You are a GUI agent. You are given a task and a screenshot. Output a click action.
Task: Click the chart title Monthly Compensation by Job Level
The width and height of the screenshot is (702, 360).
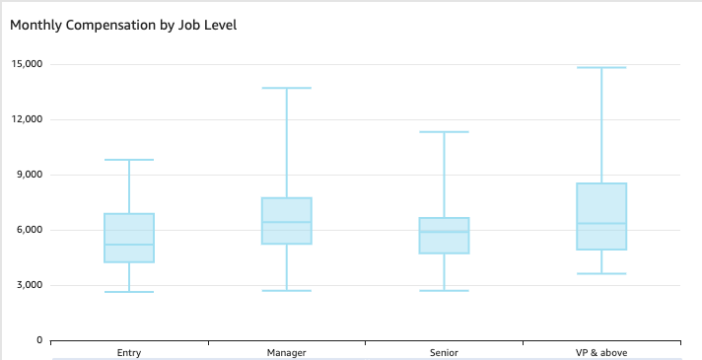(123, 25)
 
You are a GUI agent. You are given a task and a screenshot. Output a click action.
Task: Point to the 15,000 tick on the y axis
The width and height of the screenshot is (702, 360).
(27, 64)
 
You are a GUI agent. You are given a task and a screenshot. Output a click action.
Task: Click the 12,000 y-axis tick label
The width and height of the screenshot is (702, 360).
(27, 119)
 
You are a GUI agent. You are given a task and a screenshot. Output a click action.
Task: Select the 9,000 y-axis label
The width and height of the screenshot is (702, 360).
(30, 175)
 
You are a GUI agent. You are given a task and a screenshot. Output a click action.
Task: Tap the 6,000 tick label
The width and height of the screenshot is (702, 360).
(30, 230)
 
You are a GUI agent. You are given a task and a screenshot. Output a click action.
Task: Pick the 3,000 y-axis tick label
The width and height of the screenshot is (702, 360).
(30, 285)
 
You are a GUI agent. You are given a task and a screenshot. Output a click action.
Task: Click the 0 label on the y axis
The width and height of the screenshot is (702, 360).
(39, 340)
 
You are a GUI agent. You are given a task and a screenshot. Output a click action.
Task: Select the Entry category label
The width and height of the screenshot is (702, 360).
(129, 352)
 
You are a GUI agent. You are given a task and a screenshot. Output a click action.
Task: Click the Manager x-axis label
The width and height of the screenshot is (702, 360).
(287, 352)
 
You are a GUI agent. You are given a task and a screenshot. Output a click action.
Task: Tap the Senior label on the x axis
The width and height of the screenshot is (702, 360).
(444, 352)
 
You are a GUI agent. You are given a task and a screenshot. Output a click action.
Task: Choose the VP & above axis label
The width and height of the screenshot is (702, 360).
(601, 352)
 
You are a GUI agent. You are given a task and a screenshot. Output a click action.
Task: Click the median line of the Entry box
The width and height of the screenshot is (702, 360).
(129, 245)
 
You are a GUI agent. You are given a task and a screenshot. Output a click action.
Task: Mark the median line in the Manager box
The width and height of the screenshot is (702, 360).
(287, 222)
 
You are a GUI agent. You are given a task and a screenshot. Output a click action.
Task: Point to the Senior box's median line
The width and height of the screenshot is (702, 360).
(444, 232)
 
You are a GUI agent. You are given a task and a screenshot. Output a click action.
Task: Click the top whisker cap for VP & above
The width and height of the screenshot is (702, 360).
(601, 67)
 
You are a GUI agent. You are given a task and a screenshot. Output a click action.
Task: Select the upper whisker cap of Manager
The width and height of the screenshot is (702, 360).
(287, 88)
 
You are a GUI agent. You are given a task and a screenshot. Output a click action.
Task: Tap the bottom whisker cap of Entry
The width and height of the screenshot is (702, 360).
(129, 292)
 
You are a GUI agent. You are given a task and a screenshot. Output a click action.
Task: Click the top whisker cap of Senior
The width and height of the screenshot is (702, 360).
(444, 131)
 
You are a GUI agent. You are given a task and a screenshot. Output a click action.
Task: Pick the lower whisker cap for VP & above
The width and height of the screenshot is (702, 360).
(601, 273)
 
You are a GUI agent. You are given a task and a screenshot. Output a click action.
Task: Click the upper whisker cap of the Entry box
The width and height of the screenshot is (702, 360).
(129, 160)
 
